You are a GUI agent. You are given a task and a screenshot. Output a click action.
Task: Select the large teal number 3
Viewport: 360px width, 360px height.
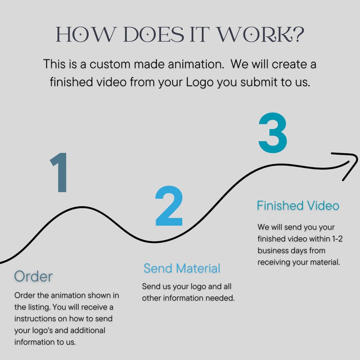tap(272, 133)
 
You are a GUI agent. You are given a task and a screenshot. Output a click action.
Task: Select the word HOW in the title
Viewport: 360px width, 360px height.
tap(82, 35)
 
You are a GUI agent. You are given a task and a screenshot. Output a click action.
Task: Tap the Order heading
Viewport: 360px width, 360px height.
tap(33, 276)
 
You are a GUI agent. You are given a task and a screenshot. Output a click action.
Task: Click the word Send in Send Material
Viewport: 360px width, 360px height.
tap(158, 268)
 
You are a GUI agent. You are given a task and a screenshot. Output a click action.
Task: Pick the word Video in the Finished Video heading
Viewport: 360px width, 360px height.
tap(322, 205)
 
